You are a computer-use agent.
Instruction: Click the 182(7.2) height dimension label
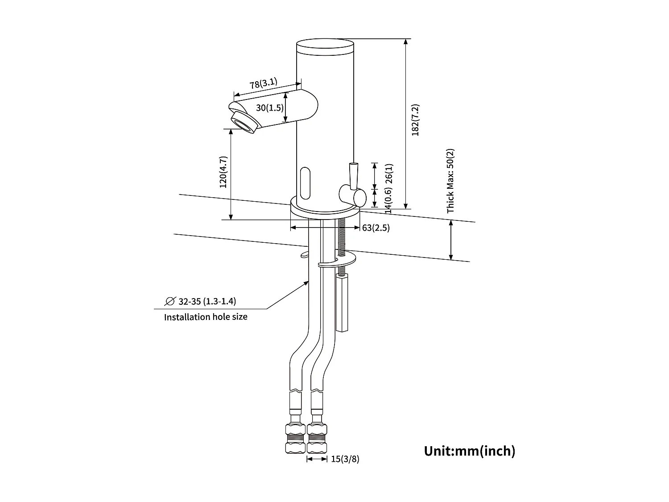point(416,120)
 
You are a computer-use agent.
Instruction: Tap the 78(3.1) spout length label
point(263,83)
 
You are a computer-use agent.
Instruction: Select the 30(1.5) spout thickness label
point(270,108)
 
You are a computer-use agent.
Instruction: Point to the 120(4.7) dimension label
point(223,172)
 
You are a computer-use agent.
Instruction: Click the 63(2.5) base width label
point(376,228)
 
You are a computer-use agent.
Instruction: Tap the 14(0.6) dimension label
point(389,200)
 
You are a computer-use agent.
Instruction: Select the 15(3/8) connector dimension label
point(345,459)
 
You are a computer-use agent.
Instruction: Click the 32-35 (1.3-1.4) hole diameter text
point(207,301)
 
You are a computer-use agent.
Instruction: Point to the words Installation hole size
point(206,317)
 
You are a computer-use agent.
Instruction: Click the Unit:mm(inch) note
point(469,451)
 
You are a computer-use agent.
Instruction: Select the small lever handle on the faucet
point(354,175)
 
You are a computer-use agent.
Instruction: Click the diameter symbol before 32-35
point(170,301)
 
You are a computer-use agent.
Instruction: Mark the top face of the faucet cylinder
point(325,45)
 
